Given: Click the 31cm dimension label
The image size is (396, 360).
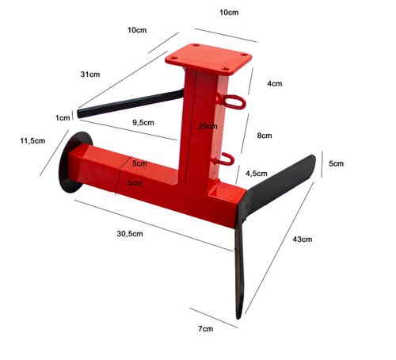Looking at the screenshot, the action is click(x=90, y=75).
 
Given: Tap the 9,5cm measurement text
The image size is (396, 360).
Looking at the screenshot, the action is click(x=143, y=123).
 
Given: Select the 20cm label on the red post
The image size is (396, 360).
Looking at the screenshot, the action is click(x=208, y=126).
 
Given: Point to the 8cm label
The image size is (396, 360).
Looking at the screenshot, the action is click(x=265, y=136).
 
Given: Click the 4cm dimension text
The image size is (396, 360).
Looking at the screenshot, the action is click(x=275, y=83).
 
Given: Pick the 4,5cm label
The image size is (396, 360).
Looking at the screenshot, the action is click(x=257, y=174).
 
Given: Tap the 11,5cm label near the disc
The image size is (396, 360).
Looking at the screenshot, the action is click(x=32, y=140).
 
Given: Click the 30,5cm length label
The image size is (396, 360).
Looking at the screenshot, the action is click(x=130, y=234).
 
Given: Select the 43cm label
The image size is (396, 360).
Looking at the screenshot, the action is click(x=303, y=239).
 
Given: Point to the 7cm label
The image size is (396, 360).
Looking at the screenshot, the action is click(x=206, y=329).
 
